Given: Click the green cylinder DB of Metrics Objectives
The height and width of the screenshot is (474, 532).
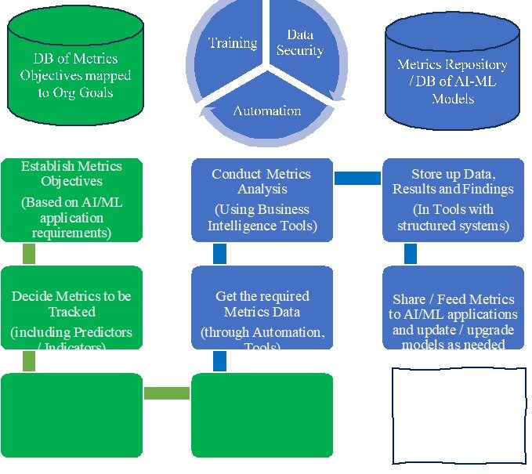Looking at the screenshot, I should coord(75,71).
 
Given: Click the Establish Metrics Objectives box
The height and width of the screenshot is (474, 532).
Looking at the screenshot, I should coord(71,200).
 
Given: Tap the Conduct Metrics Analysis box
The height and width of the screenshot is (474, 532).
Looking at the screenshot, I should coord(261,200).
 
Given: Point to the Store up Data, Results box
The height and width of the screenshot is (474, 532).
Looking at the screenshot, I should coord(453,200).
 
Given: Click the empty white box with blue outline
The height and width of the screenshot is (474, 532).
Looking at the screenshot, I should coord(458,415).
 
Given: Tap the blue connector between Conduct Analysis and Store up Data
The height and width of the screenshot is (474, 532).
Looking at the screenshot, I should coord(357,179).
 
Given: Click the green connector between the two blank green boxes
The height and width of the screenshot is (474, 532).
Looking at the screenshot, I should coord(167,393).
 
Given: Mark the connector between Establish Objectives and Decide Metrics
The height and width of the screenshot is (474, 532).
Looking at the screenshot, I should coord(29,254).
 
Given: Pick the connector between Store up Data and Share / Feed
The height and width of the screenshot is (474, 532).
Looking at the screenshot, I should coord(410,254).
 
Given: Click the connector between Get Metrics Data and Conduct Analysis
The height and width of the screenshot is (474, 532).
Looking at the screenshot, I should coord(219,254).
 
